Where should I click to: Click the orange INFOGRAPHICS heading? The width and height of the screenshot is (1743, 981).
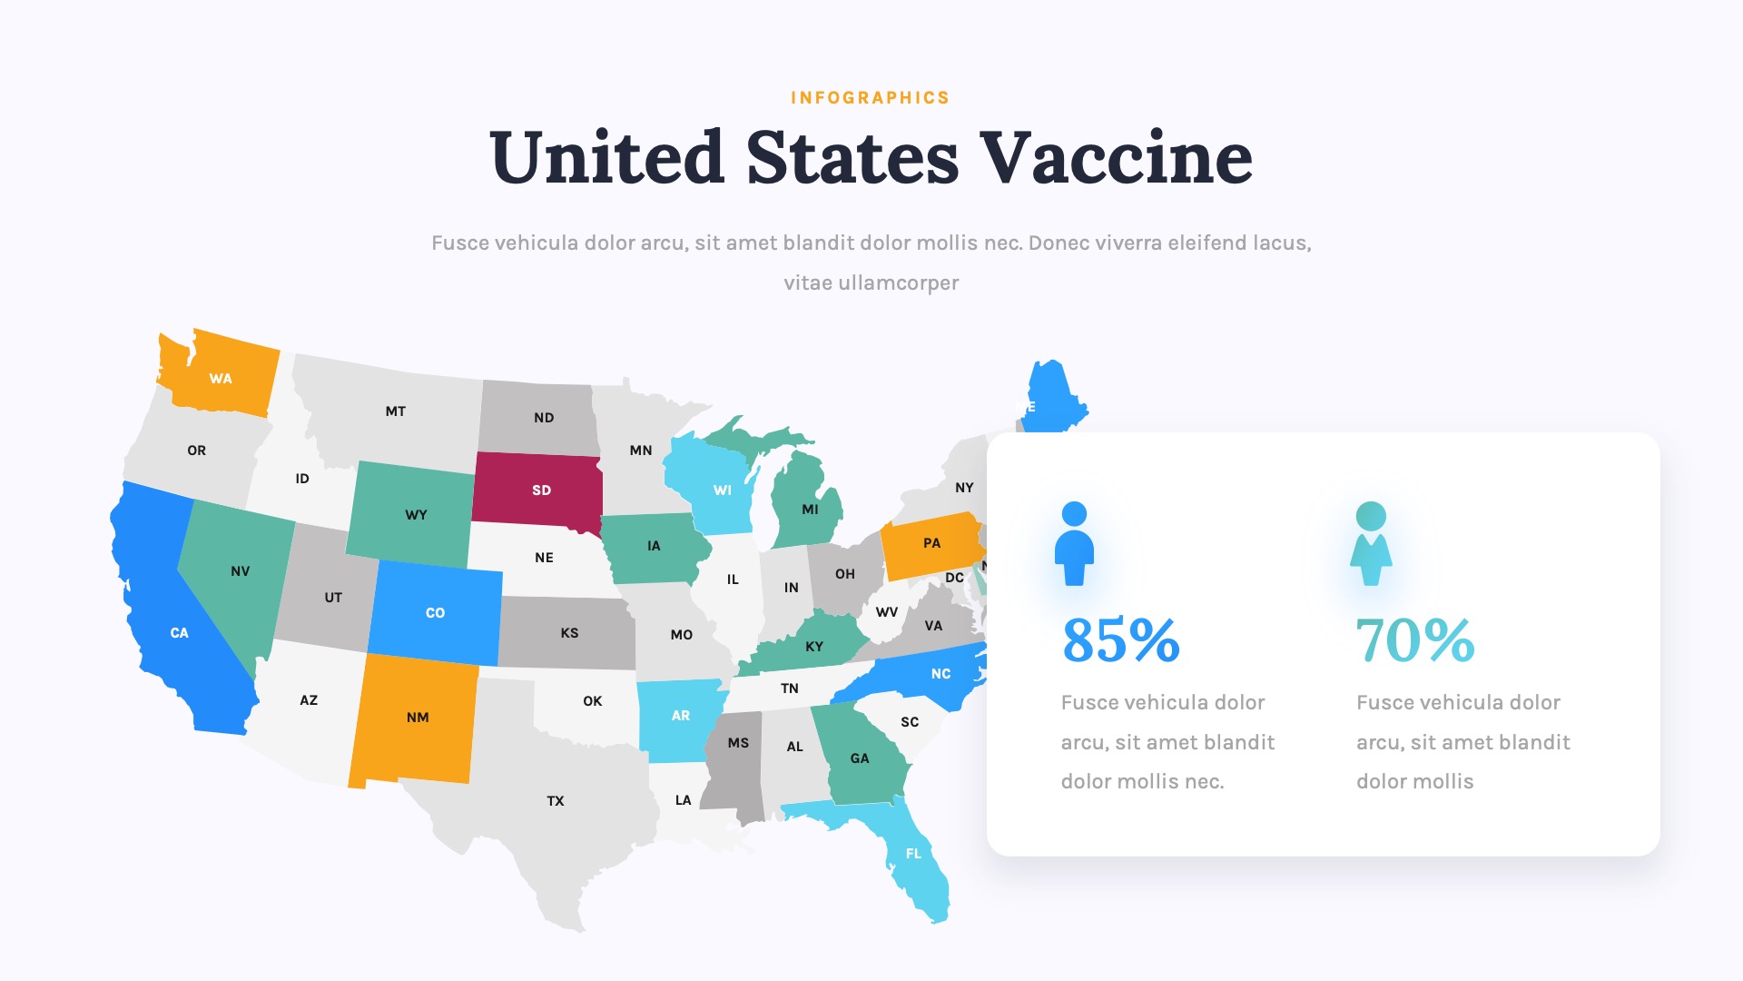pos(870,98)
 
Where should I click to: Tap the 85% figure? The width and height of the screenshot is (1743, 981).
pos(1120,640)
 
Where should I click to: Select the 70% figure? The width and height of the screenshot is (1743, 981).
pos(1414,640)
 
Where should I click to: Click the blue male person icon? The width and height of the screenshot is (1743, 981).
pos(1074,543)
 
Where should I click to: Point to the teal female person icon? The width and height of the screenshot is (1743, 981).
pos(1371,543)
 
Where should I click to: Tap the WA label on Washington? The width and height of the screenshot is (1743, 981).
pos(221,379)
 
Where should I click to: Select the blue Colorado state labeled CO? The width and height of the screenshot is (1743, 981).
pos(436,613)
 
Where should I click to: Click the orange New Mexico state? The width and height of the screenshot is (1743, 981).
pos(417,718)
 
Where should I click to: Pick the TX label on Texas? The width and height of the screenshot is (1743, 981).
pos(556,801)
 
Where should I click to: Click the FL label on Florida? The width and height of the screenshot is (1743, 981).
pos(913,854)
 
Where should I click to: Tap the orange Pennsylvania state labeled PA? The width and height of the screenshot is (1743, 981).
pos(931,543)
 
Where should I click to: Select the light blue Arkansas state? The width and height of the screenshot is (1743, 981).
pos(679,716)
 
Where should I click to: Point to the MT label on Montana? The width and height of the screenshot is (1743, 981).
pos(396,411)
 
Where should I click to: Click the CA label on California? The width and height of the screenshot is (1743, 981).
pos(180,633)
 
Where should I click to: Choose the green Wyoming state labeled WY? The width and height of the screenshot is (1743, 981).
pos(416,515)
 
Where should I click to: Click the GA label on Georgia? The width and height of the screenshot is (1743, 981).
pos(860,758)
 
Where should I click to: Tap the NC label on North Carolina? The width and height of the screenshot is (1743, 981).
pos(940,674)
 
